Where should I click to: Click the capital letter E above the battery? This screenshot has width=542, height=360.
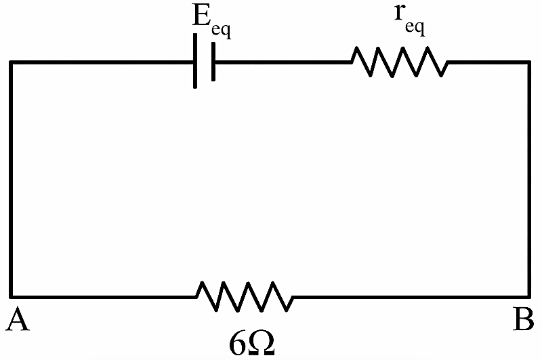pyautogui.click(x=201, y=16)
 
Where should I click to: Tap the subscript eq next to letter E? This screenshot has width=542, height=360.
pyautogui.click(x=222, y=31)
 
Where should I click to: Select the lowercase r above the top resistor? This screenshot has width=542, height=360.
pyautogui.click(x=400, y=13)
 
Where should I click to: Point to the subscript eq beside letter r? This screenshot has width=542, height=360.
pyautogui.click(x=415, y=28)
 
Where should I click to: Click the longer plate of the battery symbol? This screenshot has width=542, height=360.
pyautogui.click(x=195, y=61)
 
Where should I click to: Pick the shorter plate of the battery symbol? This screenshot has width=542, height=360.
pyautogui.click(x=213, y=62)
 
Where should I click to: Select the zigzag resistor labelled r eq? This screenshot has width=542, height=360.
pyautogui.click(x=400, y=62)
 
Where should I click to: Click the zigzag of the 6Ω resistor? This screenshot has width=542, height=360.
pyautogui.click(x=245, y=297)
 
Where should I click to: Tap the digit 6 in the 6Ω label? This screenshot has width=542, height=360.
pyautogui.click(x=238, y=344)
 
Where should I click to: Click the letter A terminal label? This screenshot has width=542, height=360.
pyautogui.click(x=18, y=320)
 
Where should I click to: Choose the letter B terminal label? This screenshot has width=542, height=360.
pyautogui.click(x=523, y=319)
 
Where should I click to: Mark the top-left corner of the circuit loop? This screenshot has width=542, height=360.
pyautogui.click(x=11, y=62)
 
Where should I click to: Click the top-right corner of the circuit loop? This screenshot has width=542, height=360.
pyautogui.click(x=528, y=62)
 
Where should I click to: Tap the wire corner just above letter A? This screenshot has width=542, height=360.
pyautogui.click(x=11, y=297)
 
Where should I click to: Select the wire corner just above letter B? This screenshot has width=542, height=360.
pyautogui.click(x=528, y=297)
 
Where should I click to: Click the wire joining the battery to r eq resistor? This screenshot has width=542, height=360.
pyautogui.click(x=283, y=62)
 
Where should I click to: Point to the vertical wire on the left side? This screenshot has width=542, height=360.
pyautogui.click(x=11, y=180)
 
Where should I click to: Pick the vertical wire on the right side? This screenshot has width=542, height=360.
pyautogui.click(x=528, y=180)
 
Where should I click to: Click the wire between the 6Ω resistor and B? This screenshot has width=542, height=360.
pyautogui.click(x=411, y=297)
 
